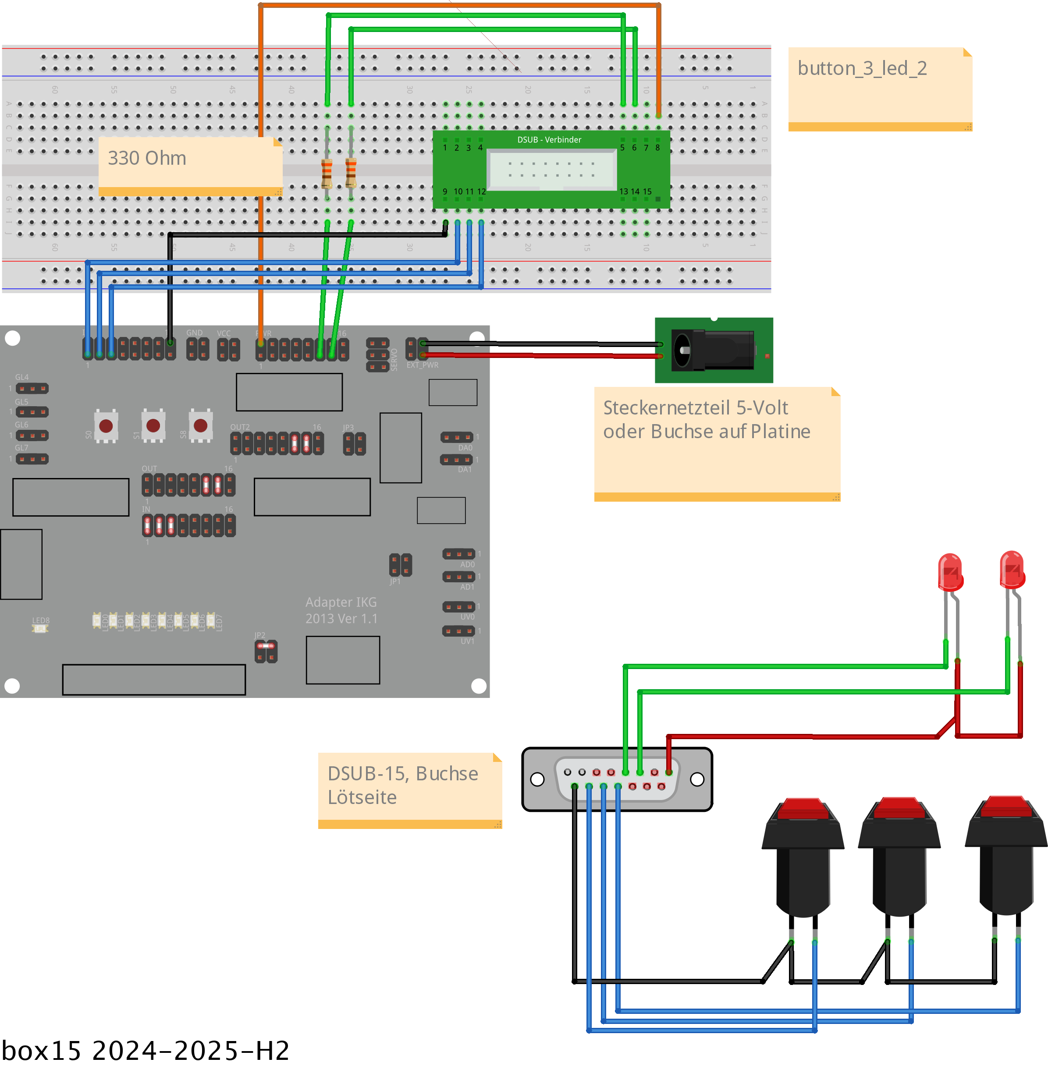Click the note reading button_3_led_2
click(862, 69)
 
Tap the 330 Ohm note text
click(147, 159)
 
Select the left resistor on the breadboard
click(327, 173)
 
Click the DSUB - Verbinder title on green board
click(549, 140)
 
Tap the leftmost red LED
click(950, 572)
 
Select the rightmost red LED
click(1012, 570)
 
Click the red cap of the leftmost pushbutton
click(803, 808)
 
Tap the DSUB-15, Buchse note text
click(402, 774)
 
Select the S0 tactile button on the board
click(106, 425)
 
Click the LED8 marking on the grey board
click(40, 621)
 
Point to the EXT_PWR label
click(422, 365)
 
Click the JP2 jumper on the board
click(266, 652)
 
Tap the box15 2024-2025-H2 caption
click(146, 1051)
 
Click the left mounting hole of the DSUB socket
click(537, 779)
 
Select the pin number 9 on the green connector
click(445, 191)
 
